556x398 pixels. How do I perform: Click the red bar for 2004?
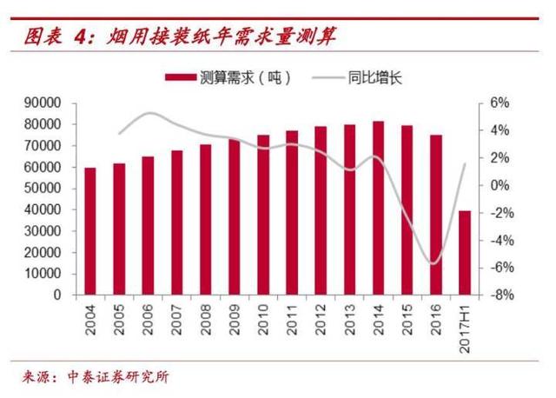[89, 231]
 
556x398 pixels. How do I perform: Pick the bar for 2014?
[378, 209]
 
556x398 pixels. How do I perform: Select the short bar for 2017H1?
[465, 253]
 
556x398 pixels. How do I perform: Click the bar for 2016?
[436, 215]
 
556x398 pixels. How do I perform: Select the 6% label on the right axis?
[499, 103]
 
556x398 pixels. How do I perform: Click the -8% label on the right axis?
[501, 295]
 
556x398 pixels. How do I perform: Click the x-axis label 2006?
[148, 319]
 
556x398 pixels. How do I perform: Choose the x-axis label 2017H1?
[465, 328]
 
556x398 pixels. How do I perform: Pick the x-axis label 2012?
[321, 319]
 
